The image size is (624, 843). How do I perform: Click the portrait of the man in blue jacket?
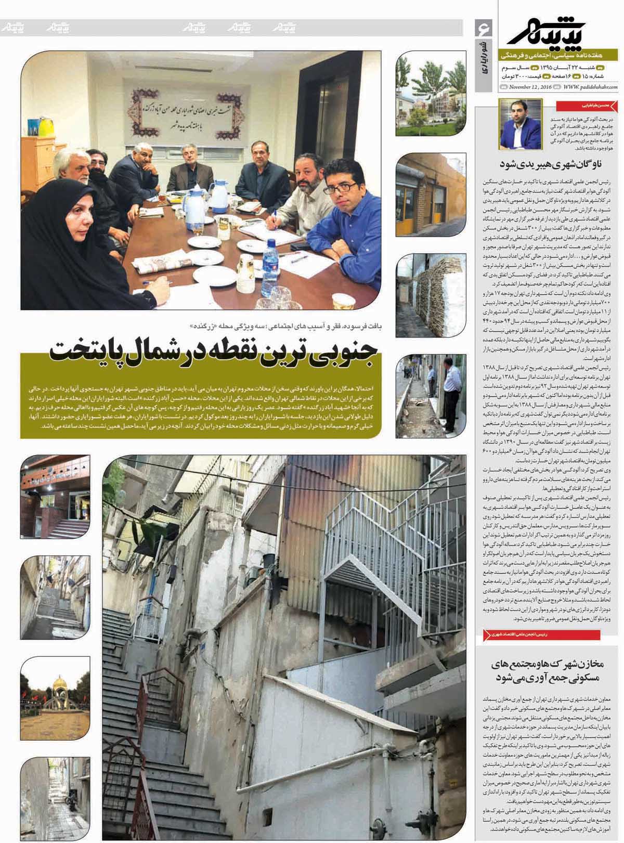point(513,125)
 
